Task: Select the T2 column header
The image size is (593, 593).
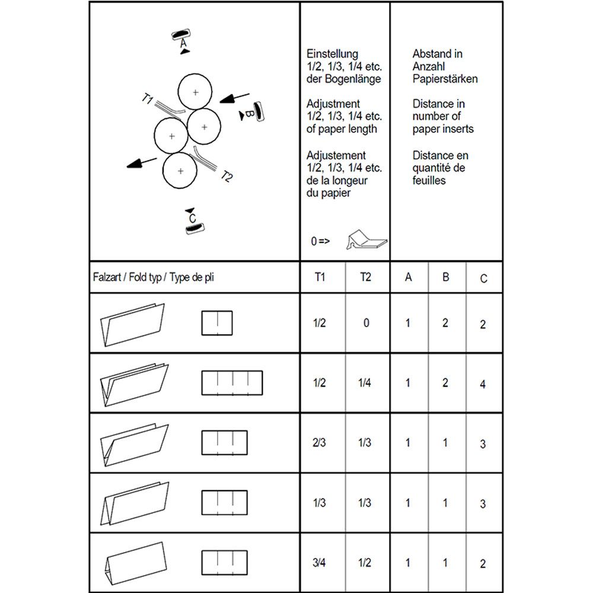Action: [365, 277]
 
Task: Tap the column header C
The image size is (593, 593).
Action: [483, 278]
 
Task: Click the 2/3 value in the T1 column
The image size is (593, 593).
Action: [319, 443]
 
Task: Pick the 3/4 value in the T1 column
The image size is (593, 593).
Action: [319, 563]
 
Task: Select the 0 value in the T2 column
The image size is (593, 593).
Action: [366, 323]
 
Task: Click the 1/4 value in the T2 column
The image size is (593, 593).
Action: [365, 383]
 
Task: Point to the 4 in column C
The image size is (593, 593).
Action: [483, 384]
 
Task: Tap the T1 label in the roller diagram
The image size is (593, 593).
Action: [148, 99]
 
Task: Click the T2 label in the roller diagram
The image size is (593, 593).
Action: [227, 176]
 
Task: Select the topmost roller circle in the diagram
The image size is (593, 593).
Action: [195, 92]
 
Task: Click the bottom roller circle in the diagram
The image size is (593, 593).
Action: [180, 171]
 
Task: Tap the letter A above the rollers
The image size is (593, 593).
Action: [183, 43]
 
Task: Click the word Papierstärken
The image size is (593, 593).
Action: [445, 79]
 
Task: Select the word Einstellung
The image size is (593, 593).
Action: [332, 54]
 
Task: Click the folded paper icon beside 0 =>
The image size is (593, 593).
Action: [366, 239]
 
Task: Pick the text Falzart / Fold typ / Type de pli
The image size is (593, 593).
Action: [153, 278]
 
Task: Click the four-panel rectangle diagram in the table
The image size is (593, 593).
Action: [232, 382]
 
